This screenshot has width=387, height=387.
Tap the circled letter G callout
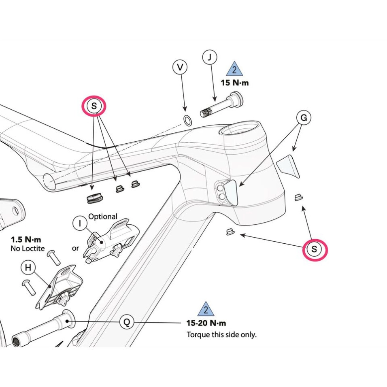tap(304, 118)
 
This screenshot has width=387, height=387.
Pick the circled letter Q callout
tap(127, 322)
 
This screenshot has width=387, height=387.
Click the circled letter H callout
tap(28, 268)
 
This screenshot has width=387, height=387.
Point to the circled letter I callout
tap(80, 223)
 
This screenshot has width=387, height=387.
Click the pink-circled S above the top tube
tap(94, 106)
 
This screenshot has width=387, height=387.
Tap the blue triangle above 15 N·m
tap(234, 69)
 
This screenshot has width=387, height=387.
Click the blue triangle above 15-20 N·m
tap(206, 310)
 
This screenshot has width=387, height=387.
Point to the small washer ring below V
tap(187, 120)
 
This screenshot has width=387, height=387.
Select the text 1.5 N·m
tap(26, 240)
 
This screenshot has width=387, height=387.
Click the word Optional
tap(103, 217)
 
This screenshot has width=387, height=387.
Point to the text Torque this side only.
tap(221, 335)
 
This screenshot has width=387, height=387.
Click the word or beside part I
tap(75, 248)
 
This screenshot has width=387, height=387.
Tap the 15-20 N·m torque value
tap(206, 323)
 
